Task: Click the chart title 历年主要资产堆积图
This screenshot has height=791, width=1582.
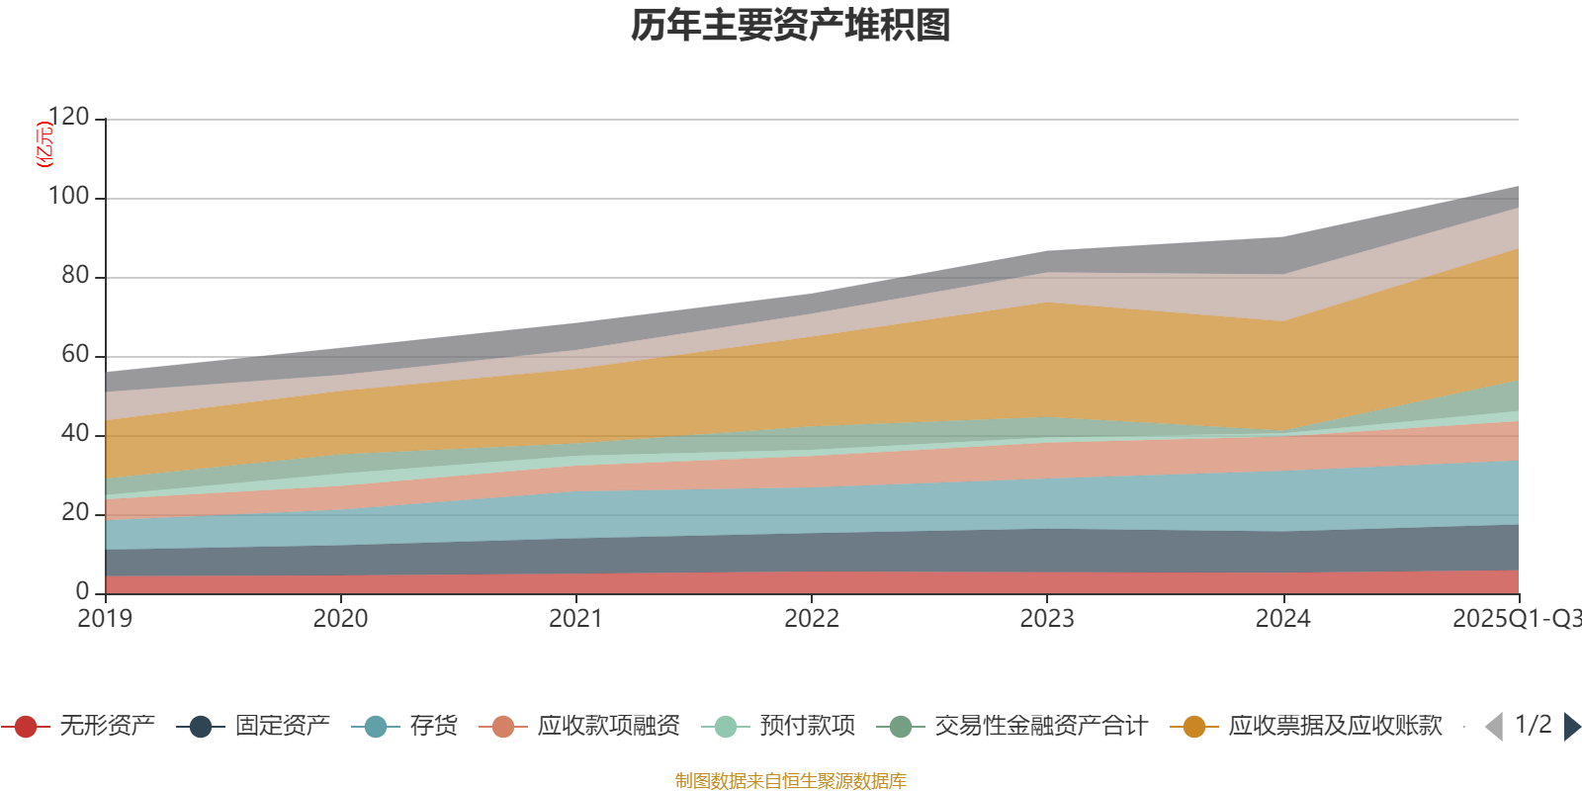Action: click(x=791, y=26)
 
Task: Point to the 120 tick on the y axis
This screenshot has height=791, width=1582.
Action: click(x=69, y=118)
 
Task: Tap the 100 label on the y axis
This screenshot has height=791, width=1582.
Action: click(x=69, y=197)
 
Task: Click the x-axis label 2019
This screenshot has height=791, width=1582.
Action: click(x=105, y=619)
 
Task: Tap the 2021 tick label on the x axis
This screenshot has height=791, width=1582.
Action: click(x=575, y=619)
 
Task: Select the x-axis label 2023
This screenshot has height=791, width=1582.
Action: click(x=1047, y=619)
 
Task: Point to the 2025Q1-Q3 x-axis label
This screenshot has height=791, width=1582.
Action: click(x=1515, y=619)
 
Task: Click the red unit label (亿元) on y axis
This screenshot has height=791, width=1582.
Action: click(x=44, y=144)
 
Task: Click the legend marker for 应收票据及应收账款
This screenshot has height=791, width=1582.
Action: click(x=1194, y=727)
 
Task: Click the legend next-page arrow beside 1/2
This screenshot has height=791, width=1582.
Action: click(x=1572, y=727)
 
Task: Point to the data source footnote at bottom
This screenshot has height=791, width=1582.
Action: click(x=791, y=781)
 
